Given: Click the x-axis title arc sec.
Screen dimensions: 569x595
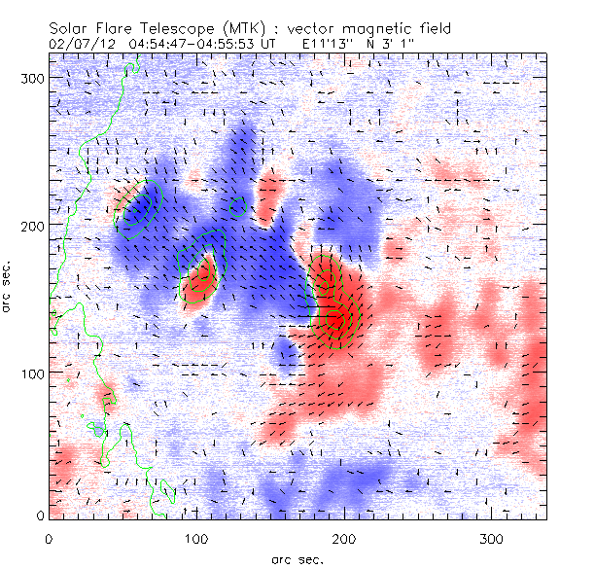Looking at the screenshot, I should (x=297, y=558).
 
